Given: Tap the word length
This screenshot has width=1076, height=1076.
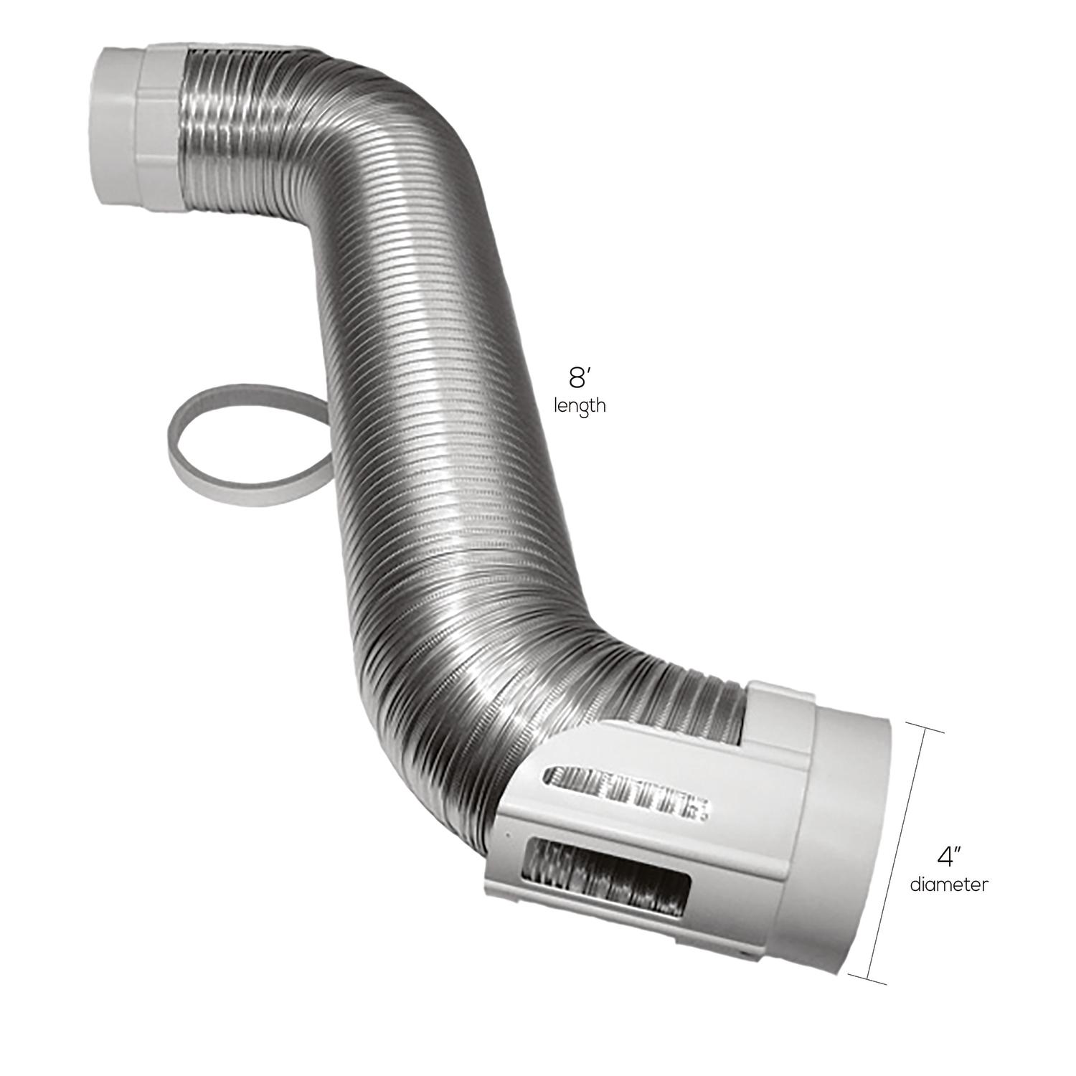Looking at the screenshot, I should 580,406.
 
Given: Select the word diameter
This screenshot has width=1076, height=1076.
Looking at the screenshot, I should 948,884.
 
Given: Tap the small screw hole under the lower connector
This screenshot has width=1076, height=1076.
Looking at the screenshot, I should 745,956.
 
